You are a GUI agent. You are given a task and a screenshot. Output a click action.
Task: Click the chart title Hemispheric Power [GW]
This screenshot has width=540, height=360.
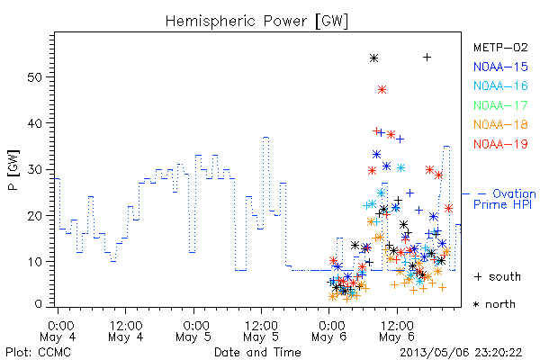[256, 22]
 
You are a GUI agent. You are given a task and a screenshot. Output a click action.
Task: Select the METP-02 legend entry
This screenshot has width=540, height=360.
[500, 47]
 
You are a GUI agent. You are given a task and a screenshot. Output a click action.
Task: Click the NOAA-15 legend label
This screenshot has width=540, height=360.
[500, 67]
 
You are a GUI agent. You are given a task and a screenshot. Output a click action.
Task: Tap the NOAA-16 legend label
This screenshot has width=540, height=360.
[500, 85]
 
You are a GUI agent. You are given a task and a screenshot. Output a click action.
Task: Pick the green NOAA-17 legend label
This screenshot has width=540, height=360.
[500, 105]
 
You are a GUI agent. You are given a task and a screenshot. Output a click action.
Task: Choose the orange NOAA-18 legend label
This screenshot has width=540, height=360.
[500, 124]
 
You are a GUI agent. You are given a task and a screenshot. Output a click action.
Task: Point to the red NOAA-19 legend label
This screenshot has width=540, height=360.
[500, 144]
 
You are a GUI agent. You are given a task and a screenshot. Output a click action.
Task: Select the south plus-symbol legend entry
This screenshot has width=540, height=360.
[498, 276]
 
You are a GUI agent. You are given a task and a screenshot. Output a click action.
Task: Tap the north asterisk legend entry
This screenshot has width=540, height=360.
[494, 304]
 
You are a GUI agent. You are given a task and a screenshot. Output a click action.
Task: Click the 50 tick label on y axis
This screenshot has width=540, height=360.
[34, 76]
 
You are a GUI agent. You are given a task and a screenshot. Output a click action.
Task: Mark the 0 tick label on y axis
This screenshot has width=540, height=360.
[38, 304]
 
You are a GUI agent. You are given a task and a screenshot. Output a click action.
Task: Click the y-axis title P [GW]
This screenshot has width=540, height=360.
[13, 170]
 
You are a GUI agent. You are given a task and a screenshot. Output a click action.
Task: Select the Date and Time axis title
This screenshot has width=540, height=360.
[257, 353]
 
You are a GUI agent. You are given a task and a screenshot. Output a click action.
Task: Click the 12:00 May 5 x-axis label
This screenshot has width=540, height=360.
[261, 331]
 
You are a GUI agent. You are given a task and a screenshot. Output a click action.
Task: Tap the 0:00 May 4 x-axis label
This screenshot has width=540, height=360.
[58, 331]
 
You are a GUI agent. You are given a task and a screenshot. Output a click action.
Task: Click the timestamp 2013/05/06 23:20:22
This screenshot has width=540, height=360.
[461, 353]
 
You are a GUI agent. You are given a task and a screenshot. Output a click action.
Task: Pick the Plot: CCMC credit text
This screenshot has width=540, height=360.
[38, 353]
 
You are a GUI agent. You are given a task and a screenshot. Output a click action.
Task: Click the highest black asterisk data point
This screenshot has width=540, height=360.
[374, 58]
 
